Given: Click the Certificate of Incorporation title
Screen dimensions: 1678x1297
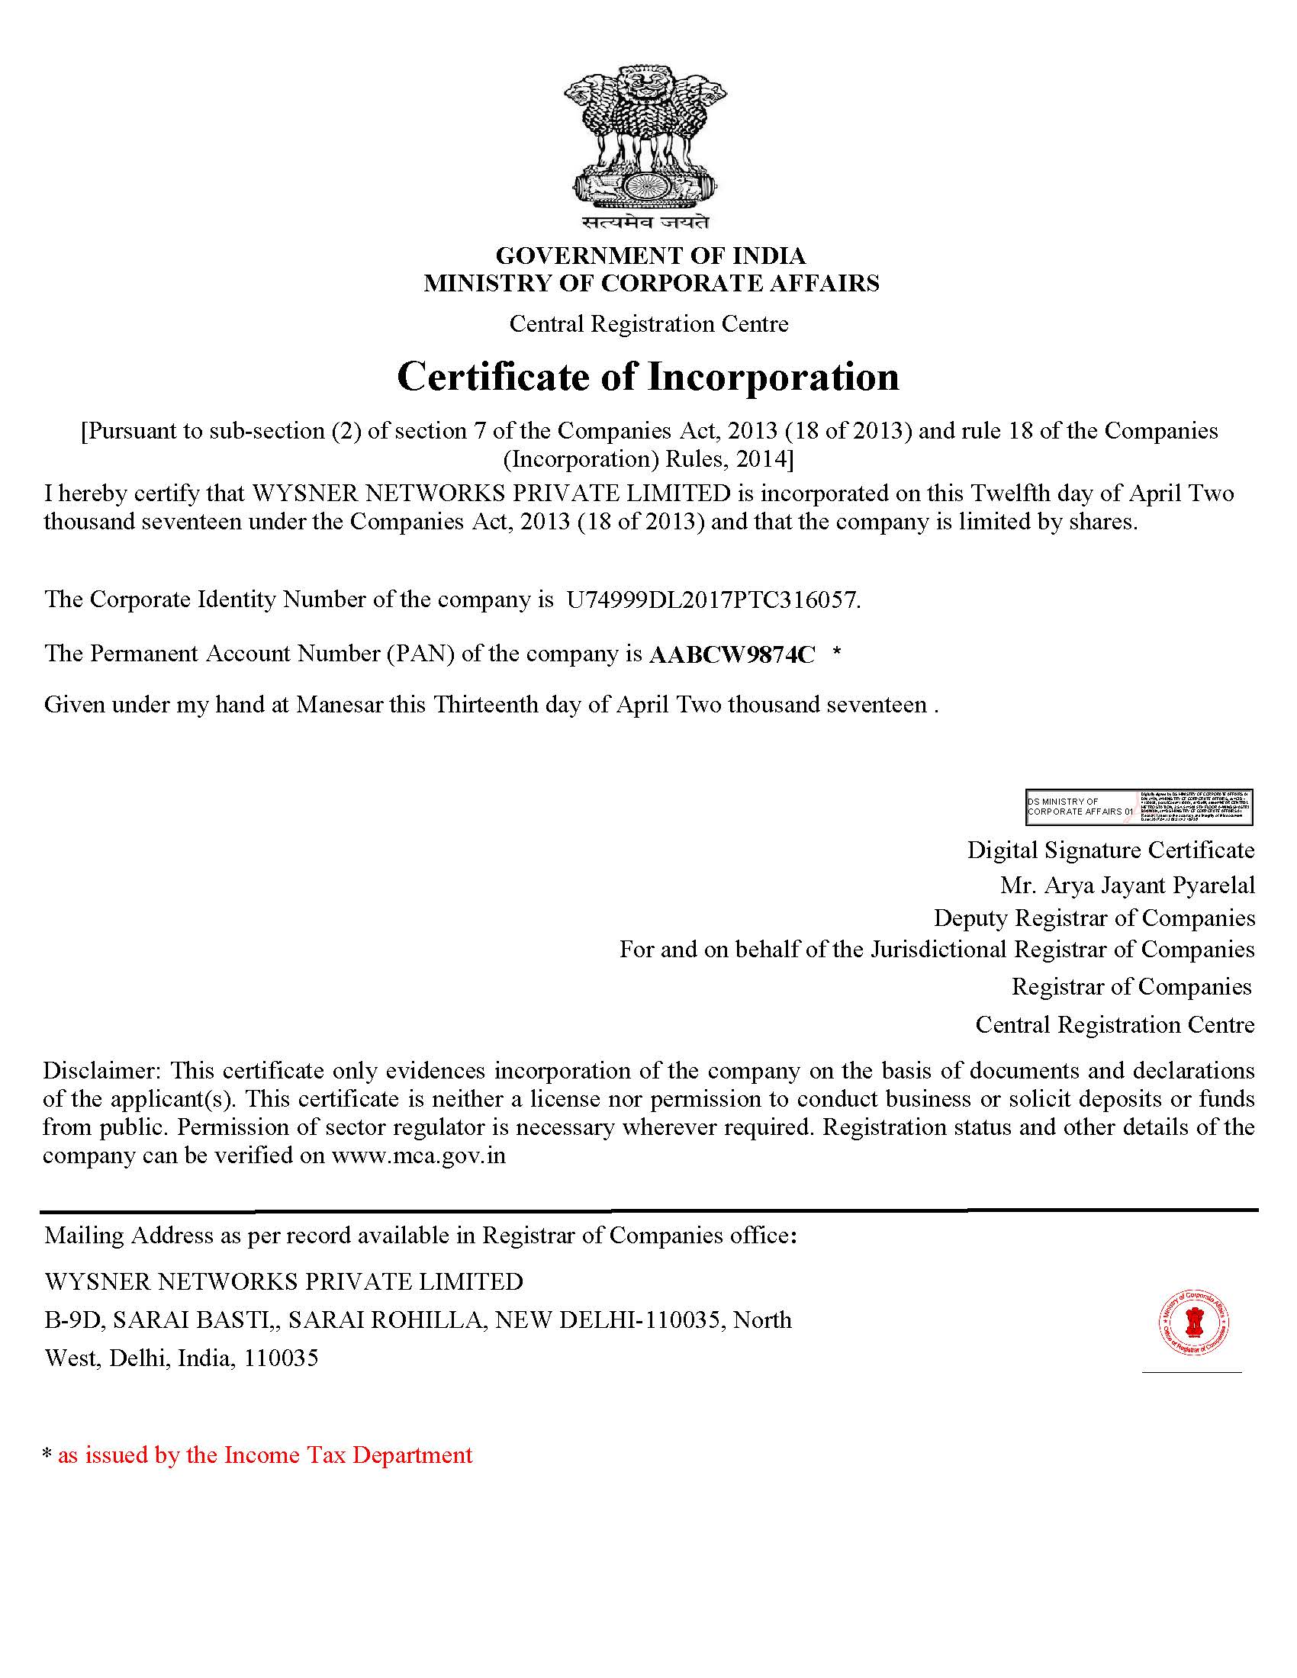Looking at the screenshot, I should tap(648, 377).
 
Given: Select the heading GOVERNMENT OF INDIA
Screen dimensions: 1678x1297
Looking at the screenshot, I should tap(650, 255).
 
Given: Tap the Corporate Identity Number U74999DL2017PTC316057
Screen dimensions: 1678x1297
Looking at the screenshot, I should tap(713, 600).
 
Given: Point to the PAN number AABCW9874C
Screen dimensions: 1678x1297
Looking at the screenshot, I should tap(732, 654).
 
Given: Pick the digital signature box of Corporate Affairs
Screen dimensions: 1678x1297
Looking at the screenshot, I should tap(1139, 807).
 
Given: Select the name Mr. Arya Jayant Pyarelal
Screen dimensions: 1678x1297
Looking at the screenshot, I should tap(1126, 885).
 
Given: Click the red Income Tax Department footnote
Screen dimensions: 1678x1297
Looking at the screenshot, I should tap(264, 1455).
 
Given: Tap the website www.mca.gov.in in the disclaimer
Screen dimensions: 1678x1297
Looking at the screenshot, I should tap(418, 1156).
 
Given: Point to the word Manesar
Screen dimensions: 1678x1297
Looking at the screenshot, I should tap(339, 705).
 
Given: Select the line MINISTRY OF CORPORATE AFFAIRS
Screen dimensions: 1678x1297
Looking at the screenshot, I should tap(651, 284).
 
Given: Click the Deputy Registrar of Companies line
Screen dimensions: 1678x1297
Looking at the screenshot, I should tap(1093, 918).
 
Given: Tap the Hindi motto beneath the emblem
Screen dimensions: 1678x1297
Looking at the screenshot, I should tap(645, 223).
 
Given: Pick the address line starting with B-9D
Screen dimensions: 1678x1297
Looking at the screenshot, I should tap(417, 1320).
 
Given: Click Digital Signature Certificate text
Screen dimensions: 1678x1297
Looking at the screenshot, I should tap(1110, 850).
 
